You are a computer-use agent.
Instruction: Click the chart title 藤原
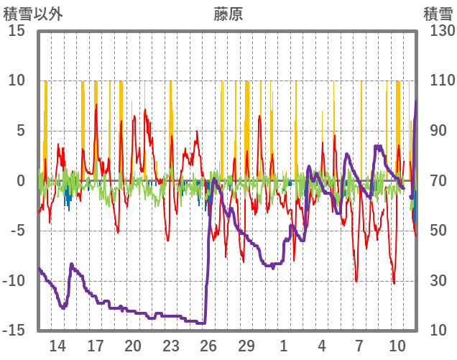coord(228,14)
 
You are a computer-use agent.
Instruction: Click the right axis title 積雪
coord(438,14)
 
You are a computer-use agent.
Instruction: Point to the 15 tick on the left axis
coord(17,31)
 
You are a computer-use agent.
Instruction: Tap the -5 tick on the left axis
coord(17,231)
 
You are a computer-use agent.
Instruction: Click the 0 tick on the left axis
coord(21,181)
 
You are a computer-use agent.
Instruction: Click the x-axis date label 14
coord(57,344)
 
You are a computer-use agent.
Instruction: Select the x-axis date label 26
coord(208,344)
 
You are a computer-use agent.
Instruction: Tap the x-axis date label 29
coord(246,344)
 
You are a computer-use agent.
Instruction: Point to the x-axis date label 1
coord(285,344)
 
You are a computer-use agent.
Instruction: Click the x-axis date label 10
coord(397,344)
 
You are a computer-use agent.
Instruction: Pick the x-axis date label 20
coord(133,344)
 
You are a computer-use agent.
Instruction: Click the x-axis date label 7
coord(360,344)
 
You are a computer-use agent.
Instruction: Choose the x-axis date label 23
coord(171,344)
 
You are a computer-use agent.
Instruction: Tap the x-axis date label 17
coord(96,344)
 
